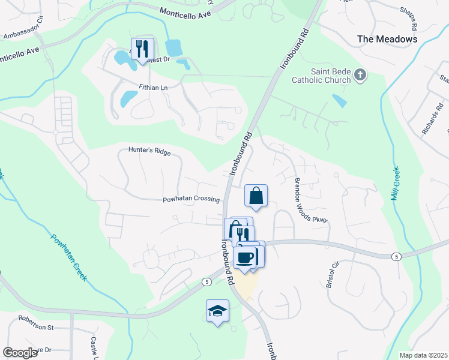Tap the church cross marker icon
[360, 76]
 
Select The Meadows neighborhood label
[387, 39]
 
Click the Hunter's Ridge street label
[149, 152]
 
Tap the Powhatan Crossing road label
[191, 200]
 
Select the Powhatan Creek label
[68, 256]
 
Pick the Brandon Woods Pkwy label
[310, 201]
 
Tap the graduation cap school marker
[217, 311]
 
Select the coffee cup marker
[244, 257]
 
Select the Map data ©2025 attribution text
[423, 355]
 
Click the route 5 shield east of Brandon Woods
[397, 256]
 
